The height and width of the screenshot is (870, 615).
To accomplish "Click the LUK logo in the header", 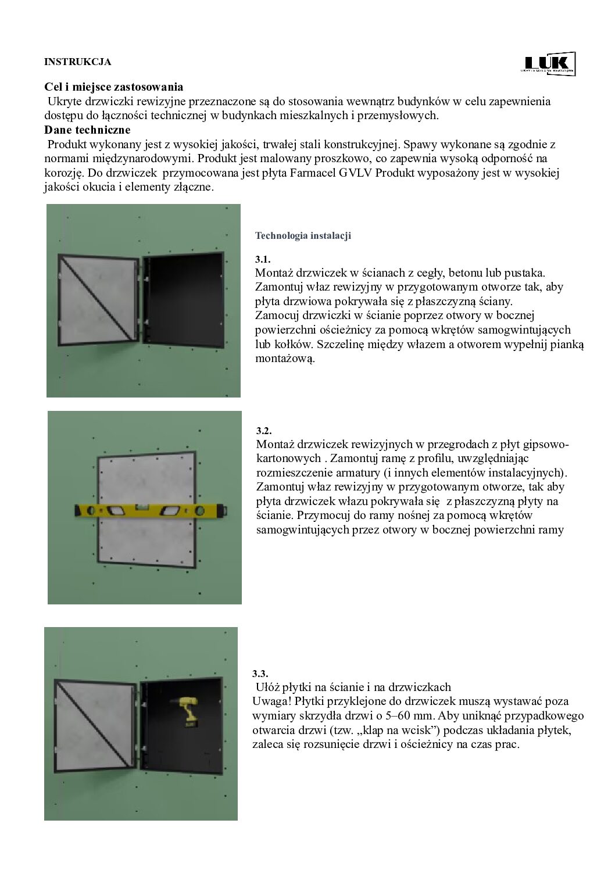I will pyautogui.click(x=549, y=63).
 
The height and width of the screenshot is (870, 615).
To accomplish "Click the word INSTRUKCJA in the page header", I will pyautogui.click(x=77, y=62).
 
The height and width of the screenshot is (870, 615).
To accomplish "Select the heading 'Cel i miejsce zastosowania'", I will pyautogui.click(x=114, y=87).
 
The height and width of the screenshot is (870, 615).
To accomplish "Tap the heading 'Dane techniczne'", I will pyautogui.click(x=88, y=130).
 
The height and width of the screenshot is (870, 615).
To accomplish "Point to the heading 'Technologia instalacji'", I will pyautogui.click(x=303, y=236).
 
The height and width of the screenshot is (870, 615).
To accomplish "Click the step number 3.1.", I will pyautogui.click(x=263, y=259).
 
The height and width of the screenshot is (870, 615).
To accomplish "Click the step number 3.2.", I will pyautogui.click(x=264, y=431).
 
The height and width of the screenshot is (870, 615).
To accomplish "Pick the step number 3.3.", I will pyautogui.click(x=260, y=674).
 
